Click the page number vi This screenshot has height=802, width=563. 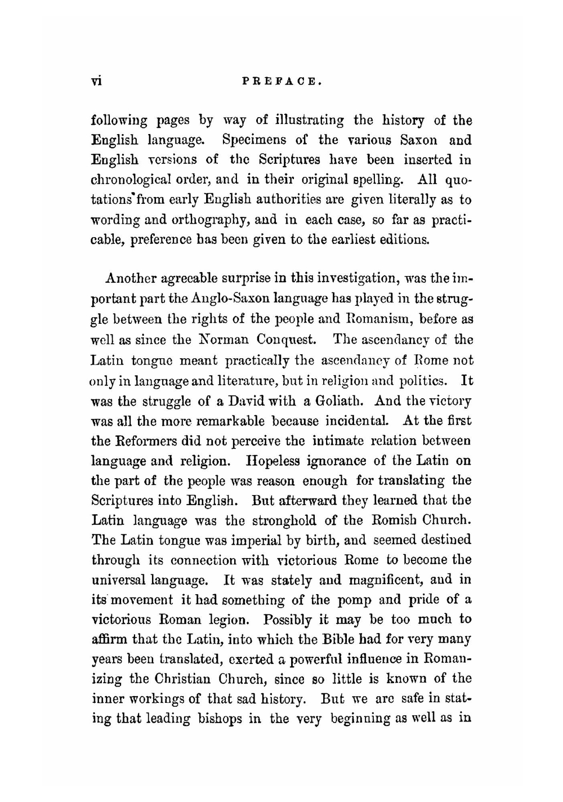[x=96, y=81]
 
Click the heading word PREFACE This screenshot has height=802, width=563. [x=281, y=81]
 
